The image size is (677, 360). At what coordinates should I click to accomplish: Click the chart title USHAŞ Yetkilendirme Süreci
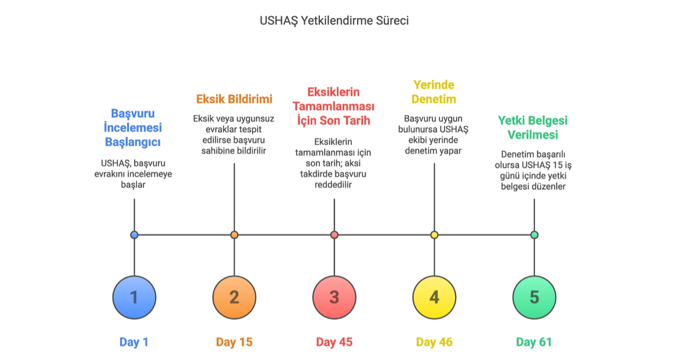pos(334,21)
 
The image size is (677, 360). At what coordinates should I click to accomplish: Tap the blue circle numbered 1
pos(134,298)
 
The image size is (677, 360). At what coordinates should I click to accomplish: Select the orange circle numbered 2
pos(234,298)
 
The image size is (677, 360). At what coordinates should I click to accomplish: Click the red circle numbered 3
pos(334,298)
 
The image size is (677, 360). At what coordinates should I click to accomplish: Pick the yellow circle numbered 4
pos(435,298)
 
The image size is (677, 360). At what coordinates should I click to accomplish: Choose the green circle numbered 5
pos(534,298)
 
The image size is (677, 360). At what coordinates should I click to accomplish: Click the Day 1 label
pos(134,343)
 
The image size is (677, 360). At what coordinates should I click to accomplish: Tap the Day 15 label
pos(234,343)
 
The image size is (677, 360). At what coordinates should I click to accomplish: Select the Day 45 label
pos(334,343)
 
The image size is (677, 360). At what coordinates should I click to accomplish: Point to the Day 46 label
pos(435,343)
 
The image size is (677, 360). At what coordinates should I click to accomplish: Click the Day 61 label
pos(534,343)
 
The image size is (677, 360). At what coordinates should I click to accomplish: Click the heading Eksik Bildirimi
pos(234,99)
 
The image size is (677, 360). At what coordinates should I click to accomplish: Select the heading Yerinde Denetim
pos(433,92)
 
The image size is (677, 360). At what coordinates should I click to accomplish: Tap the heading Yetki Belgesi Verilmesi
pos(533,128)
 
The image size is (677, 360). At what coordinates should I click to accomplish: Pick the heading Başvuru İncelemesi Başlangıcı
pos(133,128)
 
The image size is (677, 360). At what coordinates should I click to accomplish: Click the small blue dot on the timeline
pos(134,235)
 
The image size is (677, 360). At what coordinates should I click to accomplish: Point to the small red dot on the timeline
pos(334,235)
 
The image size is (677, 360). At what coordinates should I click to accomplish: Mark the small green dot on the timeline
pos(534,235)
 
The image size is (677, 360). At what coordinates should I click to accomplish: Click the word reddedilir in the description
pos(333,185)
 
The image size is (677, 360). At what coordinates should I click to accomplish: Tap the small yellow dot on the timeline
pos(435,235)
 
